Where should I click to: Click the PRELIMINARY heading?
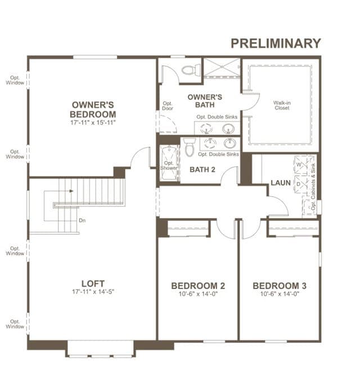coord(276,43)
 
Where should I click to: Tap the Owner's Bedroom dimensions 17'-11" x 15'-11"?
coord(93,123)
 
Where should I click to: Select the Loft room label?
coord(93,284)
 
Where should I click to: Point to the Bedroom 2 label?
coord(198,286)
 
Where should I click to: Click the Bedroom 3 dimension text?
coord(280,294)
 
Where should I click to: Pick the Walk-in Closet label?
coord(282,105)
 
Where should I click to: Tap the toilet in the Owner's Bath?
coord(191,69)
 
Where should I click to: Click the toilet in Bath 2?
coord(190,147)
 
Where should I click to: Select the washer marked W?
coord(301,164)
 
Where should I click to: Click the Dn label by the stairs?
coord(82,220)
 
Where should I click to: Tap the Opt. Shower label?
coord(169,166)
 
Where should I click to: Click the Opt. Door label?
coord(168,106)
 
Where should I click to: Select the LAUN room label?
coord(281,183)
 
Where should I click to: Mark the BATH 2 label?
coord(202,170)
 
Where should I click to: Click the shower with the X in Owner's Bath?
coord(222,68)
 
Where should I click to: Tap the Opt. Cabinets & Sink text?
coord(313,187)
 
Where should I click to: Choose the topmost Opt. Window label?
coord(15,80)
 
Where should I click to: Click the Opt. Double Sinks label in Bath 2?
coord(218,154)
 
